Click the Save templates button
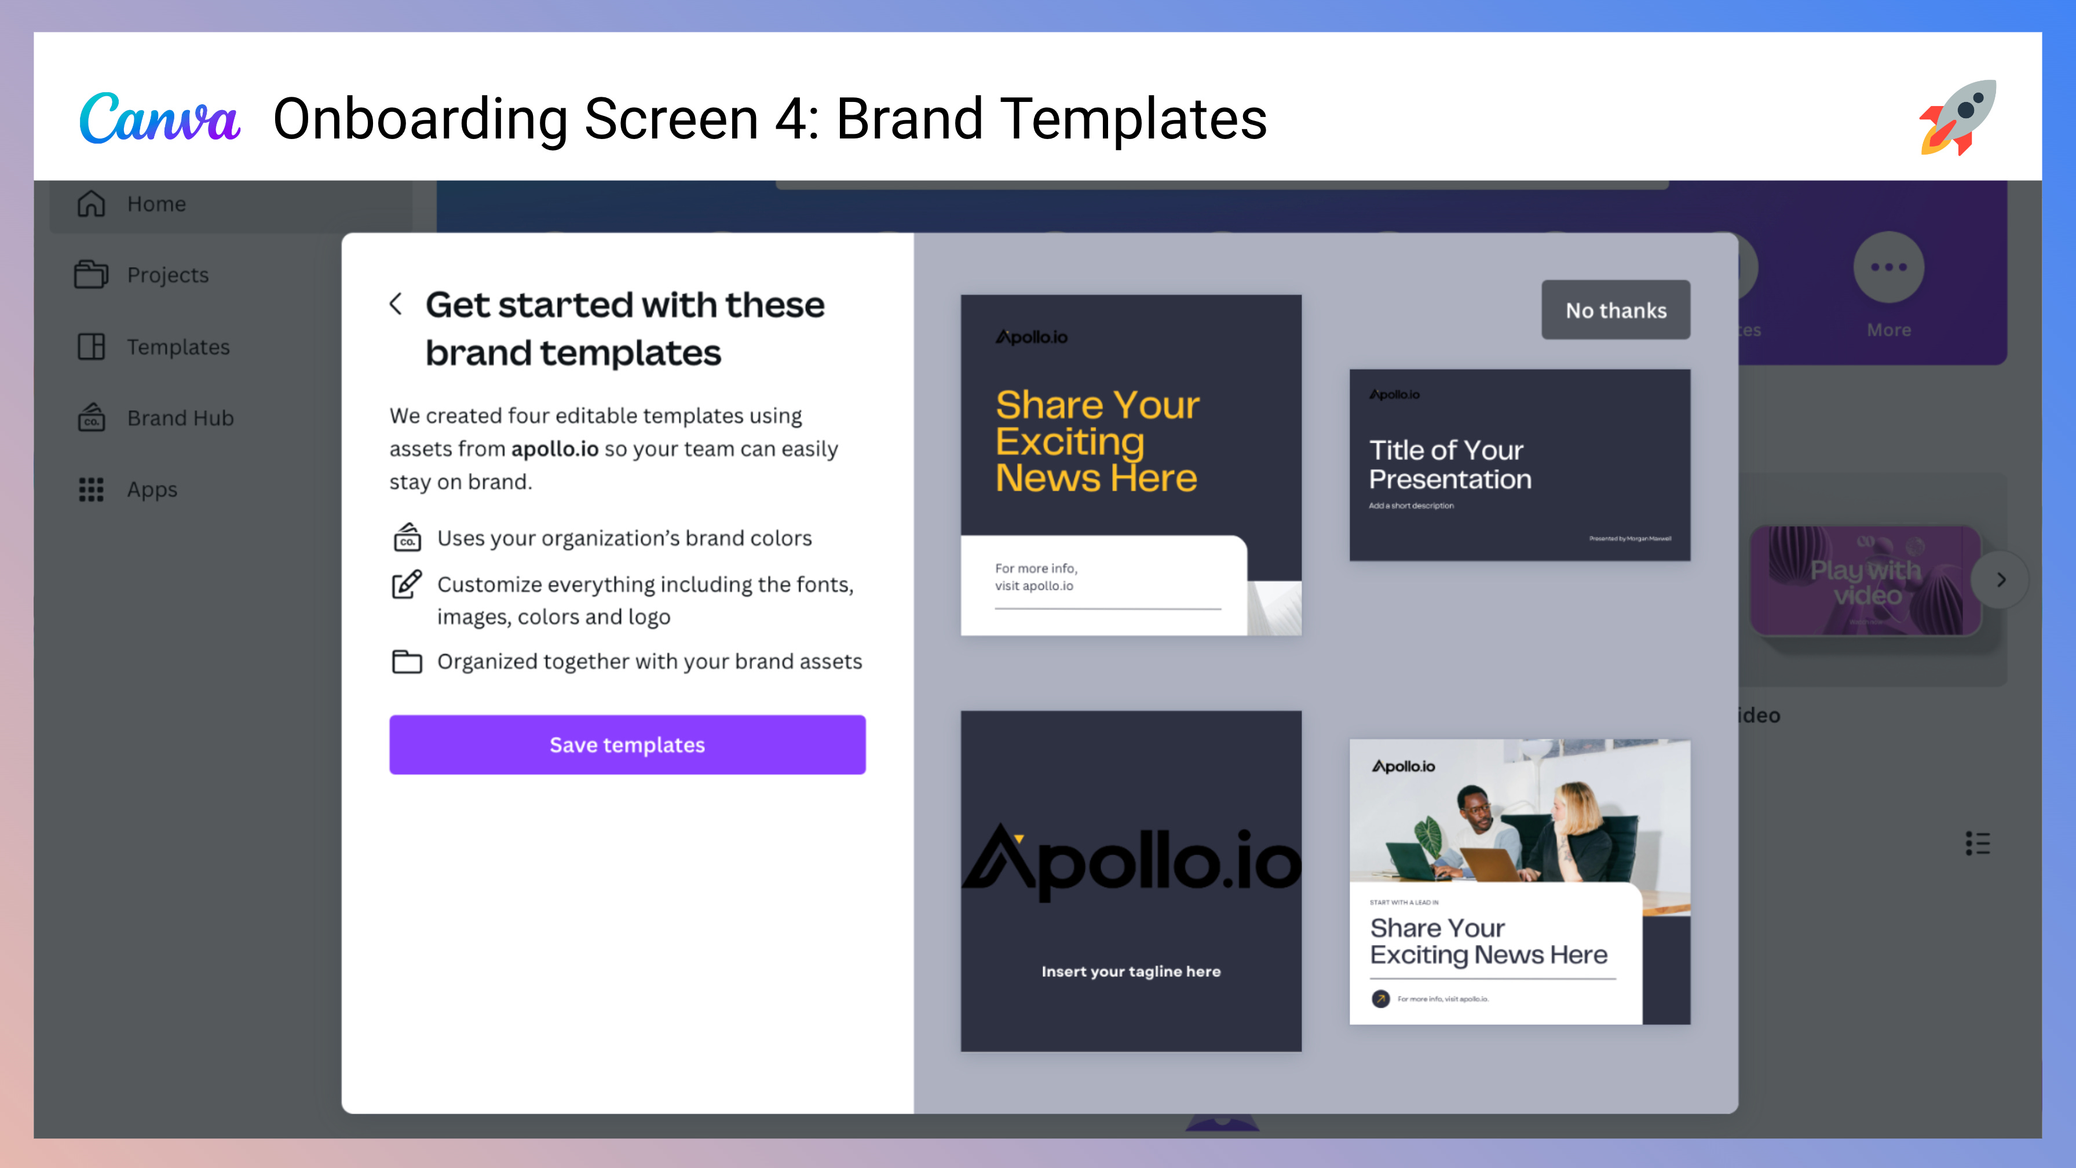[x=627, y=745]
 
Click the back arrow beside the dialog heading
[x=396, y=304]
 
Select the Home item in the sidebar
[x=156, y=204]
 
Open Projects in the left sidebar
[x=167, y=275]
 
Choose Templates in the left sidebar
[x=177, y=346]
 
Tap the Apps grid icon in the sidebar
[x=91, y=490]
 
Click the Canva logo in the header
[x=159, y=119]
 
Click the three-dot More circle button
[x=1888, y=268]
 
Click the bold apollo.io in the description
[x=554, y=449]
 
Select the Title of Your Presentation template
[x=1519, y=465]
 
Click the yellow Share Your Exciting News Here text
[x=1097, y=441]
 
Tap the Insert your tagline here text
[x=1131, y=972]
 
